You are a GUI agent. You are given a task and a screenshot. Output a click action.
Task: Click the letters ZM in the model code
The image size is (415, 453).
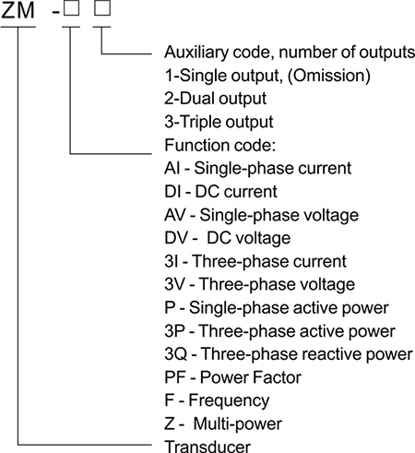click(x=18, y=10)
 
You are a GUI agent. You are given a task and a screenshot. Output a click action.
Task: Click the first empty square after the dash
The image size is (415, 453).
click(x=71, y=7)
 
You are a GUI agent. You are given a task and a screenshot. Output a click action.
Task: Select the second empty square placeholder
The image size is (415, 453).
click(x=102, y=7)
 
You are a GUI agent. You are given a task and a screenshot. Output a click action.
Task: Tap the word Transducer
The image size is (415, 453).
click(x=207, y=447)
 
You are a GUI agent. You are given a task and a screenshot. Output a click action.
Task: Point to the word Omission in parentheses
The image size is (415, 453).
click(x=329, y=76)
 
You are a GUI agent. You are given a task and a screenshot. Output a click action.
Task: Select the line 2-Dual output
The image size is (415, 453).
click(x=216, y=99)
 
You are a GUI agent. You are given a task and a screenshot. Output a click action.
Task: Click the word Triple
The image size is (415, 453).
click(x=200, y=122)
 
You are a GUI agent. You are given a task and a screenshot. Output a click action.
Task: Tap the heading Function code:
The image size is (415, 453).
click(x=219, y=145)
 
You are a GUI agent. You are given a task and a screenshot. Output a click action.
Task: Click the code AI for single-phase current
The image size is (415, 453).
click(x=172, y=168)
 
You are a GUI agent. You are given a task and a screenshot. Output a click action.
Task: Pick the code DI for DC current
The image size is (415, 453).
click(x=172, y=192)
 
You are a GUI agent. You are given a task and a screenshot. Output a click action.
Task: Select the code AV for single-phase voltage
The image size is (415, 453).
click(x=175, y=215)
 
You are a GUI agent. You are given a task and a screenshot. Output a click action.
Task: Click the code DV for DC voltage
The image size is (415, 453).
click(x=176, y=238)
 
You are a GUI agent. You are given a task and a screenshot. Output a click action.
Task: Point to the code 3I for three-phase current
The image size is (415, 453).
click(x=172, y=261)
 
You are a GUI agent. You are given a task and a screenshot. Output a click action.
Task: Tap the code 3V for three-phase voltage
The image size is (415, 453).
click(x=175, y=284)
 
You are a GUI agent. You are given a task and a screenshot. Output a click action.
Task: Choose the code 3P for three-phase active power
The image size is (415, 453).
click(x=174, y=331)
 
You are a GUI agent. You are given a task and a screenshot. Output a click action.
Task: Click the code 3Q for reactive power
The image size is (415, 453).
click(x=176, y=354)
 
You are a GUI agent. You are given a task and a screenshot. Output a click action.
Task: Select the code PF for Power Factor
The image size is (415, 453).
click(x=174, y=377)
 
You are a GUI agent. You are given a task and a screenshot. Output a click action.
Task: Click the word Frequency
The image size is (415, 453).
click(x=229, y=400)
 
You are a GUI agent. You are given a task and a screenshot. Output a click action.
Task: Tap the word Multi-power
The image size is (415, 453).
click(x=238, y=424)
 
